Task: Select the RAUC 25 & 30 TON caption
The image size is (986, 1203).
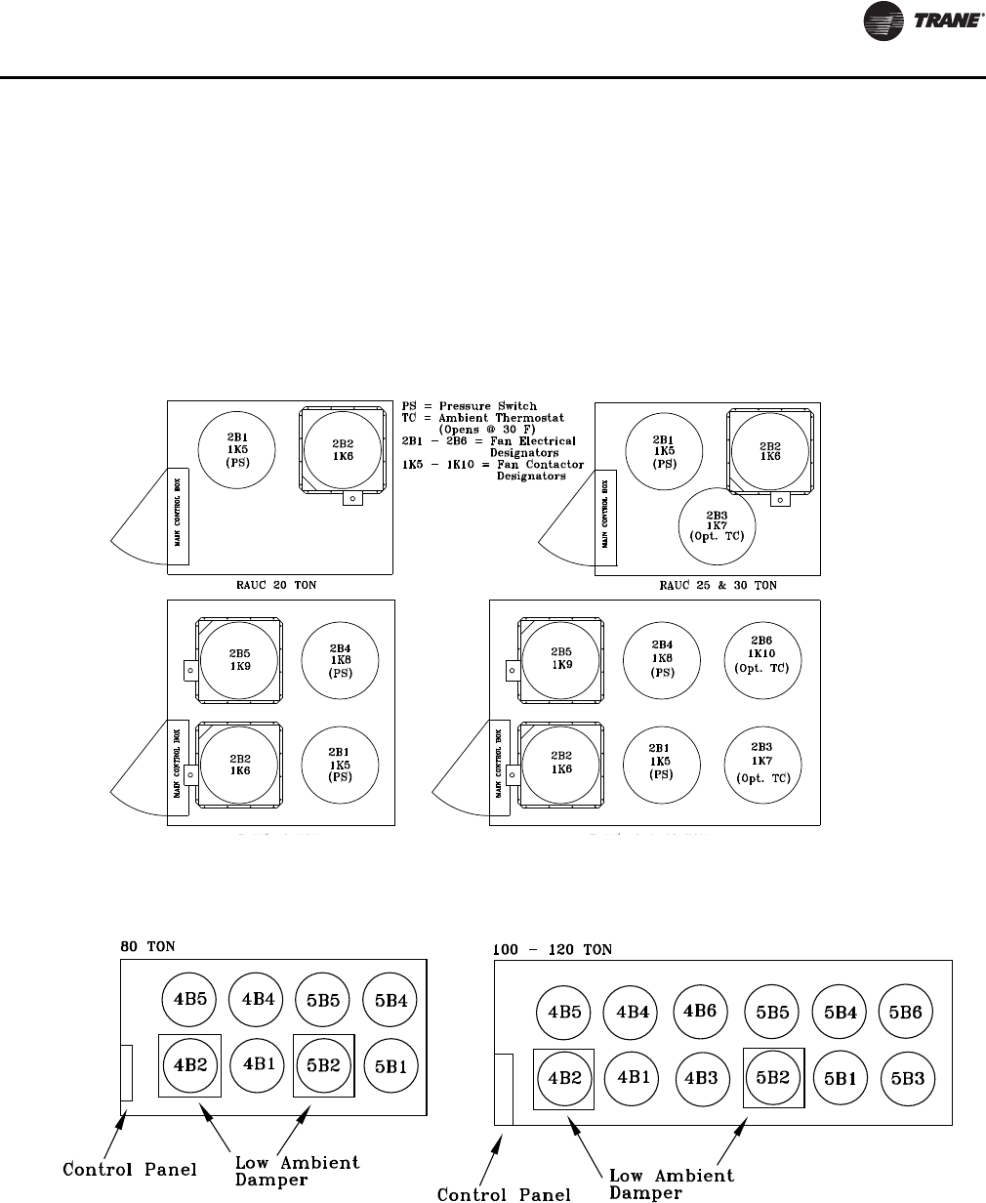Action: pos(718,585)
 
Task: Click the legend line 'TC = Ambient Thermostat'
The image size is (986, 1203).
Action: pos(477,417)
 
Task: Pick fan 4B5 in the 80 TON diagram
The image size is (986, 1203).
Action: pos(190,1000)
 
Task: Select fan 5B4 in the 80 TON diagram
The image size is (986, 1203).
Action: pos(390,1000)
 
